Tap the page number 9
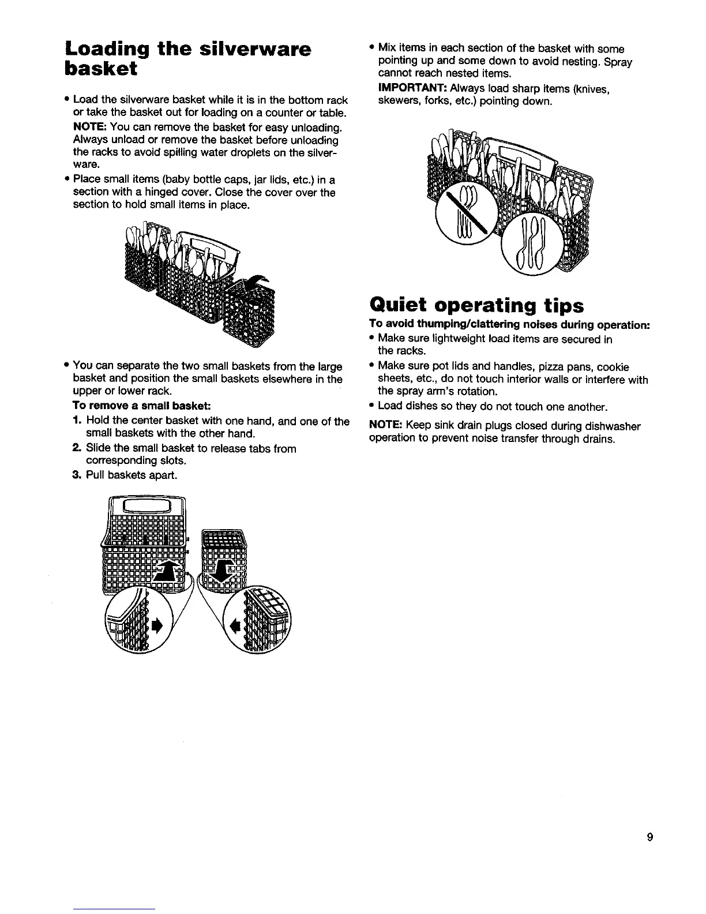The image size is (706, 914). coord(649,838)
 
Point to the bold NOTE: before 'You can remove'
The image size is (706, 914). coord(90,126)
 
